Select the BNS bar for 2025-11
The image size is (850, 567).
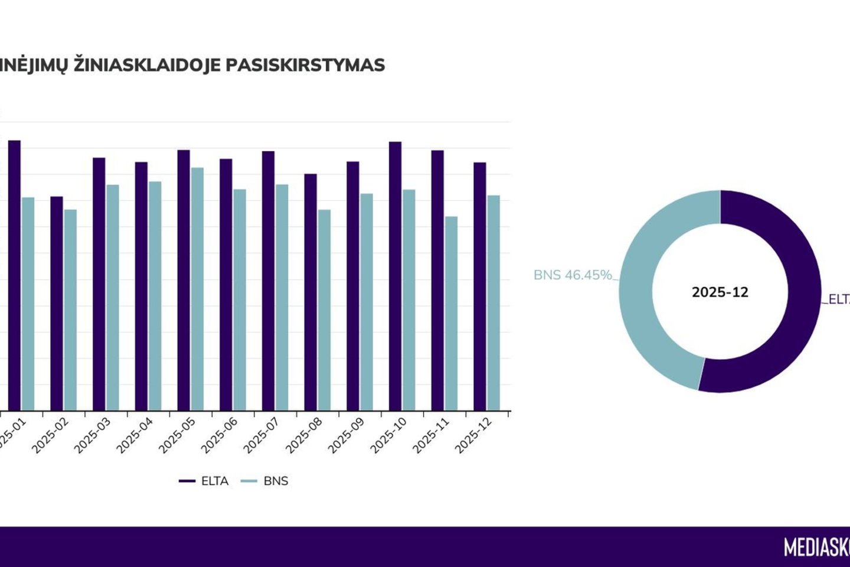pyautogui.click(x=451, y=314)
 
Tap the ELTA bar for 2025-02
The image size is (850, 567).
pyautogui.click(x=57, y=304)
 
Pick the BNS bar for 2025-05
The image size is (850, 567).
pyautogui.click(x=197, y=289)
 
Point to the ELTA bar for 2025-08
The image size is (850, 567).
pyautogui.click(x=310, y=292)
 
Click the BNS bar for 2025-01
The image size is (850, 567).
pyautogui.click(x=28, y=304)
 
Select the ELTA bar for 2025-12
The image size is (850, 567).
pyautogui.click(x=480, y=286)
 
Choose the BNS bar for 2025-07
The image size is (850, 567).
pyautogui.click(x=282, y=298)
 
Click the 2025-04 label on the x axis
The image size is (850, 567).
pyautogui.click(x=135, y=436)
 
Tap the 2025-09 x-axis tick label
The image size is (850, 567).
pyautogui.click(x=346, y=436)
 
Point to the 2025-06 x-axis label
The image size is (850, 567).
pyautogui.click(x=220, y=436)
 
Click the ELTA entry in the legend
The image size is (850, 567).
pyautogui.click(x=204, y=481)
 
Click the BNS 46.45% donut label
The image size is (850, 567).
pyautogui.click(x=573, y=275)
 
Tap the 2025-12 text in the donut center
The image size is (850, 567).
pyautogui.click(x=720, y=292)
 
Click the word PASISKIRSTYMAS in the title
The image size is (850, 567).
pyautogui.click(x=305, y=65)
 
